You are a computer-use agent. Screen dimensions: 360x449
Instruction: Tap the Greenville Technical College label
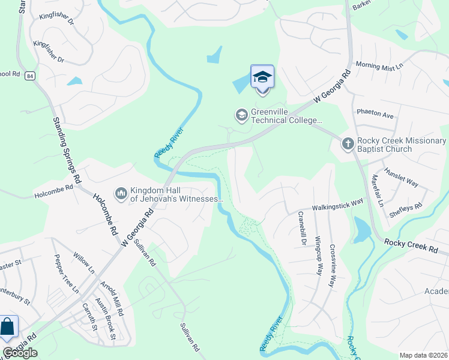tap(286, 116)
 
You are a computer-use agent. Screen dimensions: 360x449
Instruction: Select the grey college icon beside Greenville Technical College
tap(241, 114)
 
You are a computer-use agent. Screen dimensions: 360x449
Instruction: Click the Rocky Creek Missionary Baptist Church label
tap(401, 145)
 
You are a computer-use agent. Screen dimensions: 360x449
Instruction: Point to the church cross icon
tap(348, 143)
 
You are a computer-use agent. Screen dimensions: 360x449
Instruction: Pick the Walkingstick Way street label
tap(337, 206)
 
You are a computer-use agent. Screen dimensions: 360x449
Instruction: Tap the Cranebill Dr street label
tap(301, 231)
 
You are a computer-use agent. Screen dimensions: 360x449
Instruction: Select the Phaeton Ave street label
tap(375, 113)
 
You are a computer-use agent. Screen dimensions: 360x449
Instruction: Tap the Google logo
tap(20, 353)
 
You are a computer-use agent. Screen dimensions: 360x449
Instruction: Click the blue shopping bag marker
tap(8, 328)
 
